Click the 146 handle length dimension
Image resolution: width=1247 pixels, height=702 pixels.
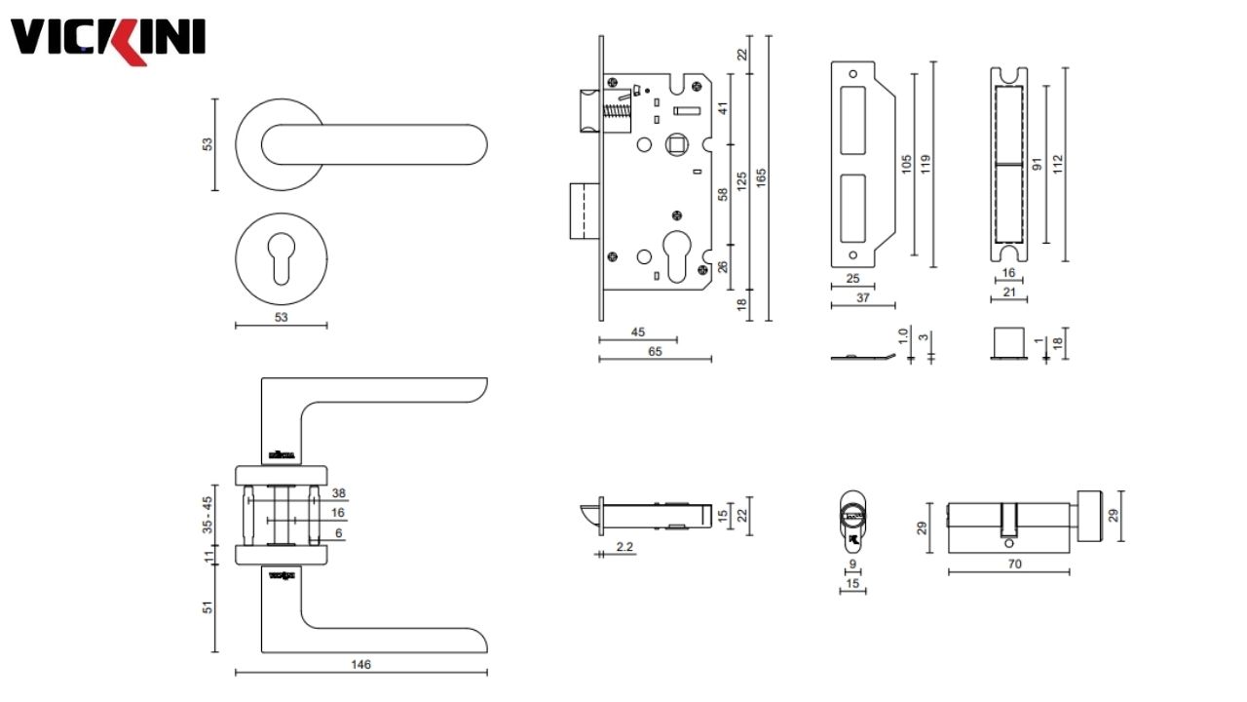tap(360, 664)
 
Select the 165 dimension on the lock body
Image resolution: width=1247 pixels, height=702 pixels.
tap(761, 176)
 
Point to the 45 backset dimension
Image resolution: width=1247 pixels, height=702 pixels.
tap(637, 332)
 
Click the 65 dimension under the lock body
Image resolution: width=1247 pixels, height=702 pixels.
tap(654, 352)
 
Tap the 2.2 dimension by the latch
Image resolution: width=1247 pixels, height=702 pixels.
tap(624, 548)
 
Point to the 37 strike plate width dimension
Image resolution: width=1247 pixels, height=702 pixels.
tap(862, 298)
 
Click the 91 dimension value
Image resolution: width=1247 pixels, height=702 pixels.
tap(1039, 163)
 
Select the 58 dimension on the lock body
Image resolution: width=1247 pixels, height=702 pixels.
tap(723, 194)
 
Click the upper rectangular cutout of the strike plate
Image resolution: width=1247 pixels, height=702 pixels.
tap(852, 119)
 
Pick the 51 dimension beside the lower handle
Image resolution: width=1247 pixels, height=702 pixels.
tap(208, 607)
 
